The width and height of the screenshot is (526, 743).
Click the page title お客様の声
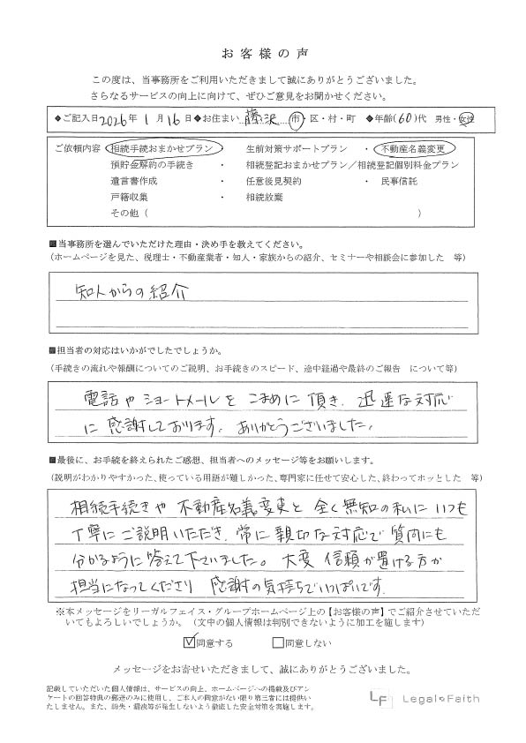click(x=262, y=51)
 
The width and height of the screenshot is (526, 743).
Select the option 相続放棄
click(x=266, y=197)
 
